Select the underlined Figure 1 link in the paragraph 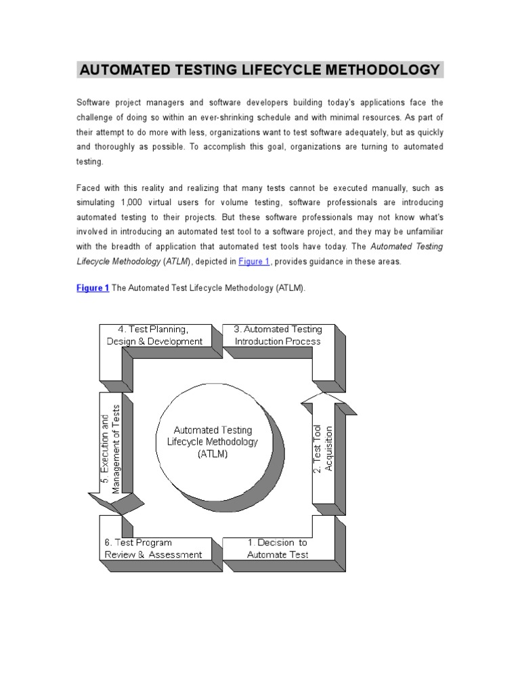pos(254,262)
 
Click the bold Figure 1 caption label pos(93,288)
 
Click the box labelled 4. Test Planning pos(154,335)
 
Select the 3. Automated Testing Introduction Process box pos(278,335)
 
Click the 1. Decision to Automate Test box pos(278,548)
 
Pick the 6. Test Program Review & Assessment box pos(154,548)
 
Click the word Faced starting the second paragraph pos(87,187)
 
